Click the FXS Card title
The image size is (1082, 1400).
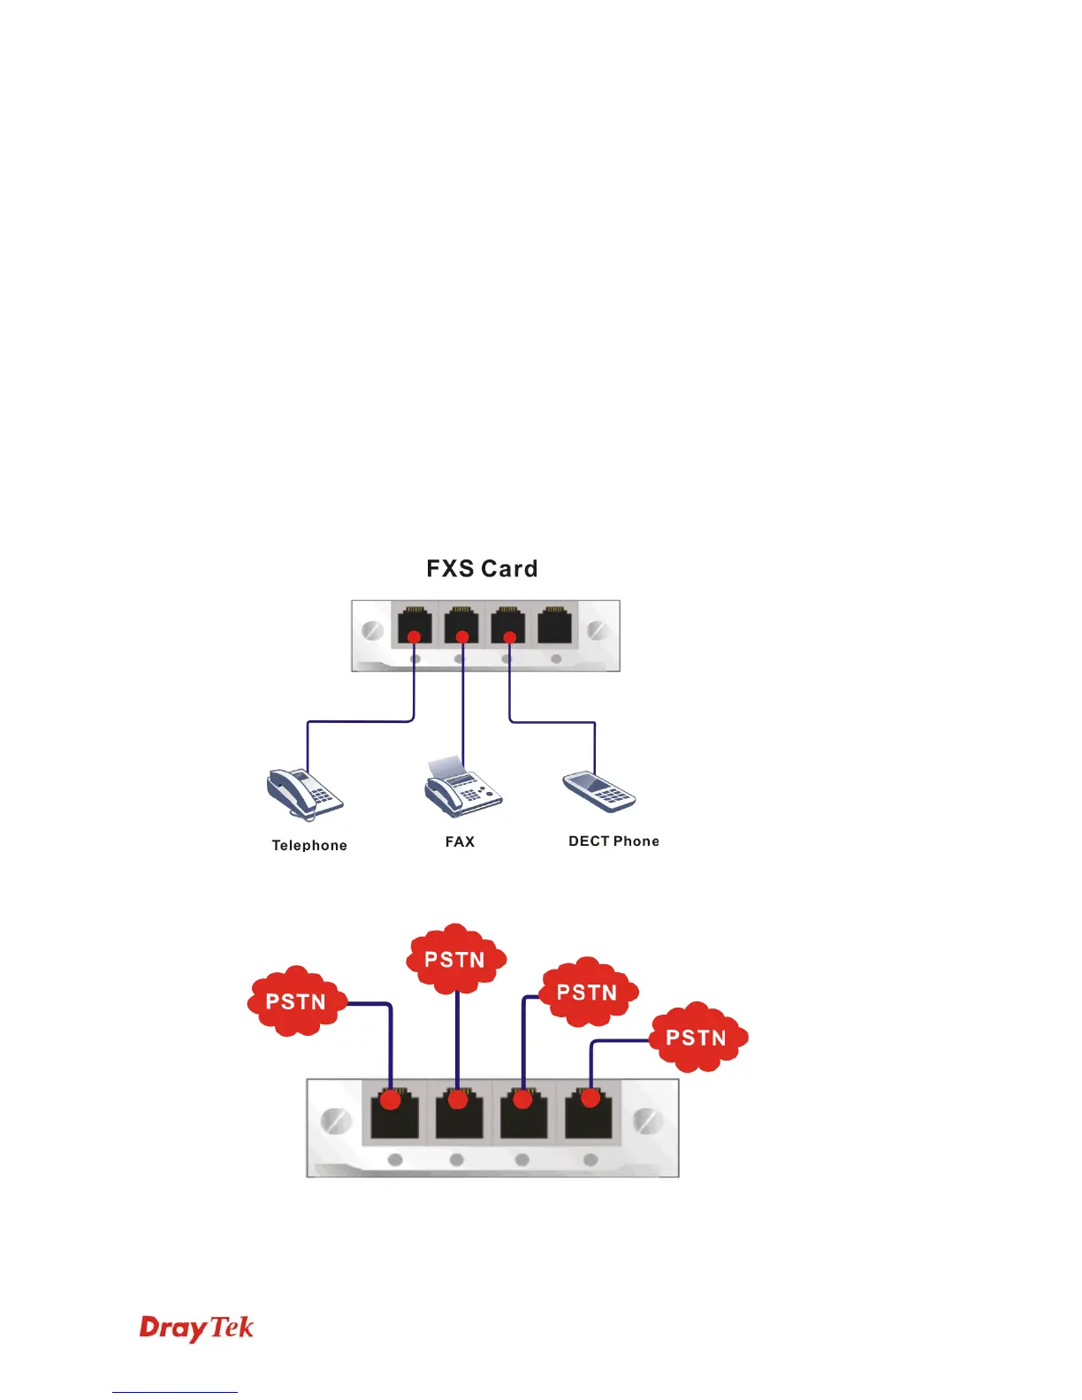[x=482, y=568]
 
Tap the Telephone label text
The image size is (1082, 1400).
[x=309, y=846]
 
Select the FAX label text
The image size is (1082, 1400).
[x=460, y=841]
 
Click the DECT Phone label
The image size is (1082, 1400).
[x=613, y=841]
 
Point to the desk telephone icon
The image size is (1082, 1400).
[x=304, y=793]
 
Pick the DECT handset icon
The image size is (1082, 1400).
[x=599, y=791]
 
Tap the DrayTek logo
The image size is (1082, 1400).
[x=196, y=1328]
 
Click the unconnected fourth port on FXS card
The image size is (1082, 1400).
[x=555, y=625]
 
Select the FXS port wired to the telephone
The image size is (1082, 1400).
[x=414, y=626]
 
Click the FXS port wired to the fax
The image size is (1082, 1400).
[x=461, y=626]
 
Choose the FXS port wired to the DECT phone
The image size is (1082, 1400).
[x=508, y=626]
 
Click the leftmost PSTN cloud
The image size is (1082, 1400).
[x=296, y=1001]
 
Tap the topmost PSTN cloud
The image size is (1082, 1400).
[x=455, y=960]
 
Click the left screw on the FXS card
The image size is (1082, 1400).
[x=372, y=631]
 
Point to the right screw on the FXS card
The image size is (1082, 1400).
[x=598, y=631]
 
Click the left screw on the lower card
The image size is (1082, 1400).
[x=334, y=1121]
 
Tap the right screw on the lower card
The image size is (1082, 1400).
[x=648, y=1121]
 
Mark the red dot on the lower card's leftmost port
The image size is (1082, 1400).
[x=390, y=1100]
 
